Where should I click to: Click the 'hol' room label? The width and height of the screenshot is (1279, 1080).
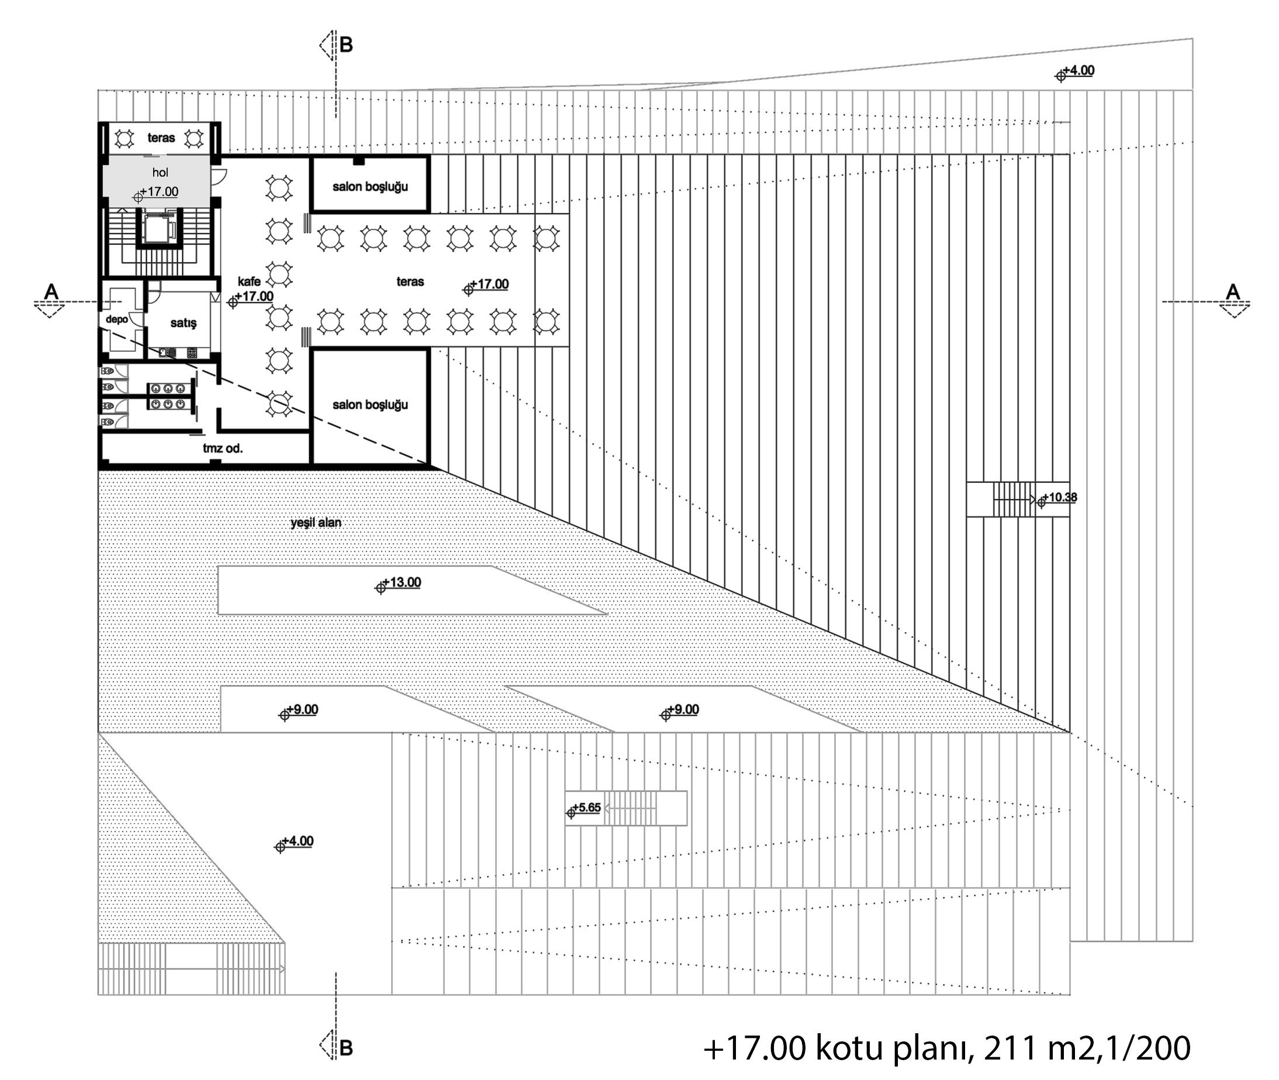point(160,172)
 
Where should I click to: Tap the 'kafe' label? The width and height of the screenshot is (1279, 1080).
point(249,282)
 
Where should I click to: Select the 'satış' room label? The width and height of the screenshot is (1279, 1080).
point(184,323)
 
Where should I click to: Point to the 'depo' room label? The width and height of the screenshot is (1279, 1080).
point(117,319)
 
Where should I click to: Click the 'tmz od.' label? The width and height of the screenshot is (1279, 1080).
point(223,448)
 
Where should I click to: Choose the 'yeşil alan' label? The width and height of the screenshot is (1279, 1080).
point(316,522)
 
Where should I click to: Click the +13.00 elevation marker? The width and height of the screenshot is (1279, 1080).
point(399,584)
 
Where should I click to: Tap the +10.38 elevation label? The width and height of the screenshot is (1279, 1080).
point(1057,498)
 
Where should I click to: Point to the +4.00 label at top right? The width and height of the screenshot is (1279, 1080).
point(1074,72)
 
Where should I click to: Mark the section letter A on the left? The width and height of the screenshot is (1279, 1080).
point(51,291)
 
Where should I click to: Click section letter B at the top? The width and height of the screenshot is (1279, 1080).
point(347,44)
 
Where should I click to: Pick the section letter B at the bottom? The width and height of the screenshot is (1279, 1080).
point(347,1048)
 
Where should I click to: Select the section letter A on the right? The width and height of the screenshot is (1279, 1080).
point(1232,291)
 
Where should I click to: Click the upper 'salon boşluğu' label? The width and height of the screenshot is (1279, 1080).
point(370,187)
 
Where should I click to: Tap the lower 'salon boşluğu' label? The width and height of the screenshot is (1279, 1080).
point(370,405)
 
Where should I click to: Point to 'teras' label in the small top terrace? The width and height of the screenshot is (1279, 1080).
point(161,138)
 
